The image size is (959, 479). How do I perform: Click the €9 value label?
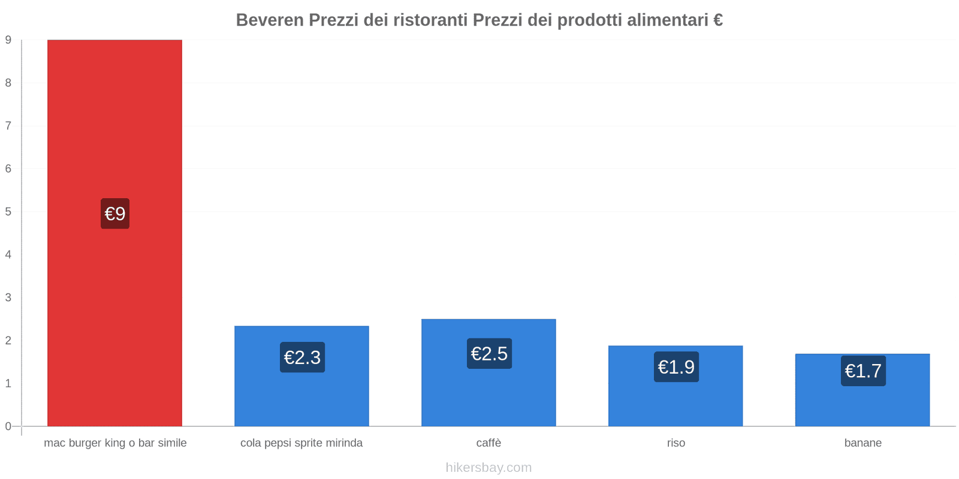(115, 214)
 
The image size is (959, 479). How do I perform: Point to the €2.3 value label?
(302, 357)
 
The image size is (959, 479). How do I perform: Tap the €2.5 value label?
(489, 354)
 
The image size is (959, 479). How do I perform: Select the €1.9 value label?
(676, 367)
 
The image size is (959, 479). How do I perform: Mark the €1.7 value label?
(863, 371)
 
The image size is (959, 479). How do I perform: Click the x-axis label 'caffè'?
(488, 443)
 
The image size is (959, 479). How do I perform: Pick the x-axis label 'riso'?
(675, 443)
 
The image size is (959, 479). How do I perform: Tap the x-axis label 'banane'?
(863, 443)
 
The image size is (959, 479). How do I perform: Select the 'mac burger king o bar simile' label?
(115, 443)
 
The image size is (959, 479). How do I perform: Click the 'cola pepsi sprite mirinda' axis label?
(301, 443)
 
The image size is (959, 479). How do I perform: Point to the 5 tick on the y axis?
(8, 211)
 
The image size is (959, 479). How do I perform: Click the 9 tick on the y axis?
(8, 40)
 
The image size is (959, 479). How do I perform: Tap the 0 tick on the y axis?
(8, 426)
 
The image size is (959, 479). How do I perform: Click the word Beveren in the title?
(270, 20)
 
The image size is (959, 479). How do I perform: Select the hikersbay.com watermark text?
(488, 468)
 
